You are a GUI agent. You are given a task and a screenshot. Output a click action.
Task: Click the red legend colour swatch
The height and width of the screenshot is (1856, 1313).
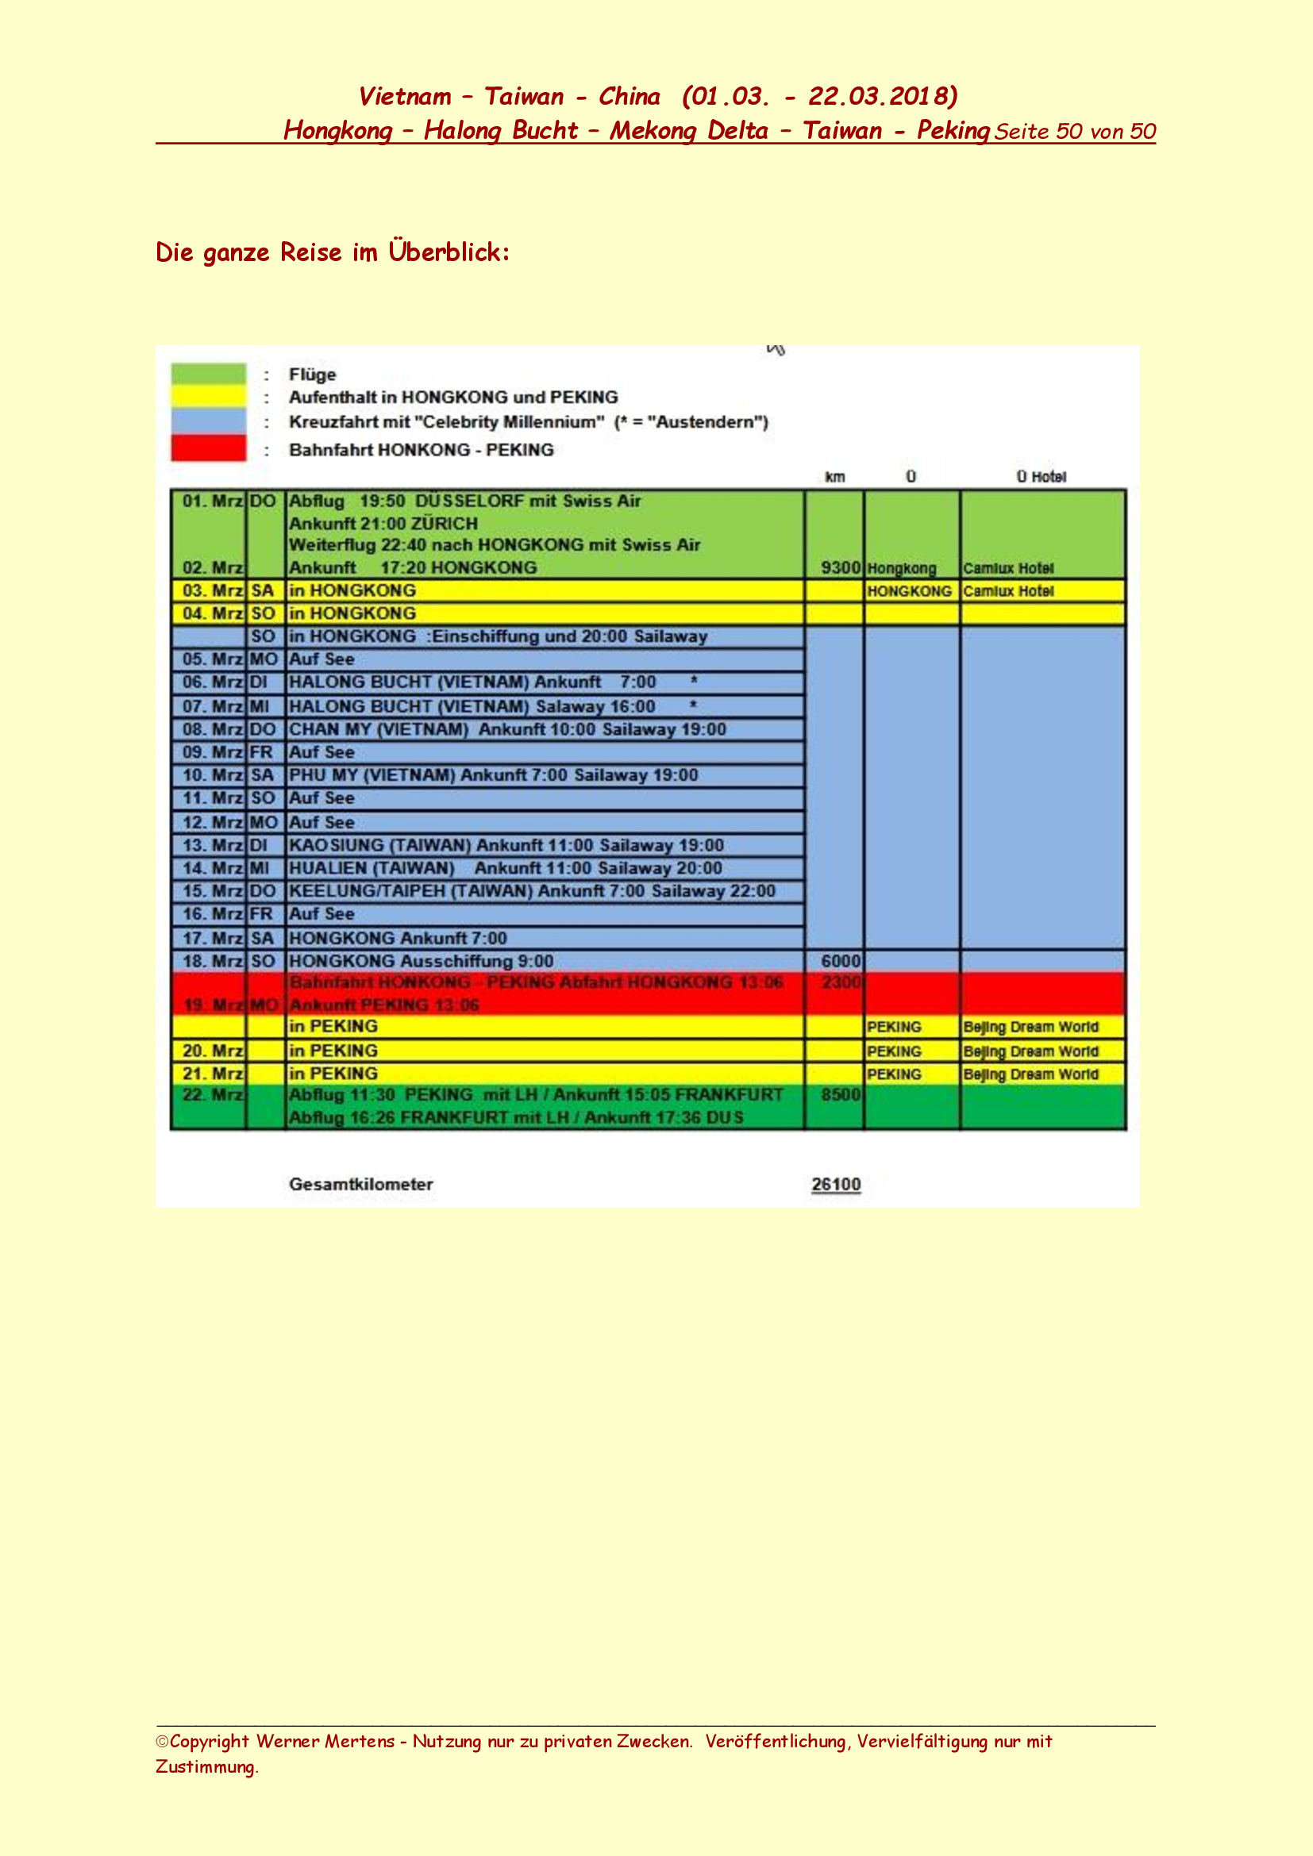pos(208,448)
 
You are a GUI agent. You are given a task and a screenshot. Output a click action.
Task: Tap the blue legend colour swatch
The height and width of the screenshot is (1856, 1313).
pos(208,421)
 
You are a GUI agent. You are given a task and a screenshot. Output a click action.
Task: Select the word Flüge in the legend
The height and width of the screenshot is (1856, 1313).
pos(312,375)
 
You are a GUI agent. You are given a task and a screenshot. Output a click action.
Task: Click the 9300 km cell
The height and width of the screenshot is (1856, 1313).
pos(840,567)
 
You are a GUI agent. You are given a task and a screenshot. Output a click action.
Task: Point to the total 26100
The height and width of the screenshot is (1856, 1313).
pos(835,1184)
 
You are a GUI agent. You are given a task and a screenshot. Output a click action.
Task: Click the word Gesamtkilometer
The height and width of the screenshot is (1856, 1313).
pos(360,1184)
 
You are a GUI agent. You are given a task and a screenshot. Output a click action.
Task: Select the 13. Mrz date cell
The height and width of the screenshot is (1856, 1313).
pos(212,846)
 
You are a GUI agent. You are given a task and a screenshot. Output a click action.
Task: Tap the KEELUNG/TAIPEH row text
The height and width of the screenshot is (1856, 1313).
pos(531,891)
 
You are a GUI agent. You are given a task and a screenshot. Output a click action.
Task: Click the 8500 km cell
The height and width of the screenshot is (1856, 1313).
pos(840,1095)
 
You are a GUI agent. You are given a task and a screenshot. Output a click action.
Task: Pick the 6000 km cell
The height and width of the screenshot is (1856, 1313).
pos(840,961)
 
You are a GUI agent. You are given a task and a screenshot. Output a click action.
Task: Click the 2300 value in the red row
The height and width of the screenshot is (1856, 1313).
pos(840,982)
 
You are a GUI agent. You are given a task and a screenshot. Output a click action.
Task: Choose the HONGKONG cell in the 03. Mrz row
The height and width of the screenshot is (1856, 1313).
pos(909,591)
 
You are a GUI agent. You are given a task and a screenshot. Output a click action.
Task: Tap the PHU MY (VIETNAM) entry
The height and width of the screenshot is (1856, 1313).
pos(492,775)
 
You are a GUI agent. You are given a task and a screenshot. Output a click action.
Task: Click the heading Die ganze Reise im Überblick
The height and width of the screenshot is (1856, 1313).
pos(333,252)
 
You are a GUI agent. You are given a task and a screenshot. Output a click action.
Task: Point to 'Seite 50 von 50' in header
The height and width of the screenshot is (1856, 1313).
pos(1075,132)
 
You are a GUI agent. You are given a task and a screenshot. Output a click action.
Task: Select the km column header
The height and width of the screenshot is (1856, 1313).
pos(834,477)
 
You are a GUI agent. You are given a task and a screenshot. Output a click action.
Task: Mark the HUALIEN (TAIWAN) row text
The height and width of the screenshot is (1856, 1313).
pos(505,868)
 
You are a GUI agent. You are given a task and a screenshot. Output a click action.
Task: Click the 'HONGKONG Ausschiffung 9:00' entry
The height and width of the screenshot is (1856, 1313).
pos(421,961)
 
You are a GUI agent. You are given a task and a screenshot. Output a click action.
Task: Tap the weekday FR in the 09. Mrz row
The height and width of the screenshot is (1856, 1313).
pos(261,751)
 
